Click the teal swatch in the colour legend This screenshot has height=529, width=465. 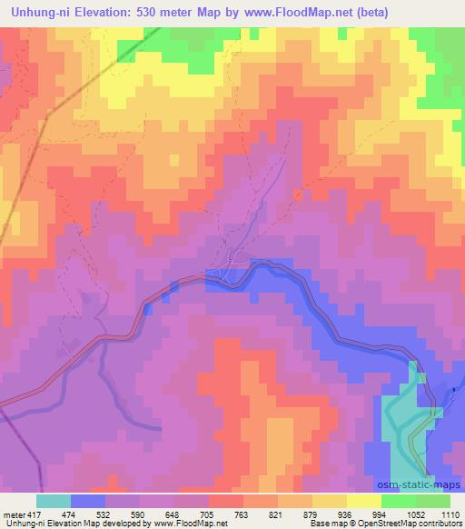(x=54, y=501)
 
